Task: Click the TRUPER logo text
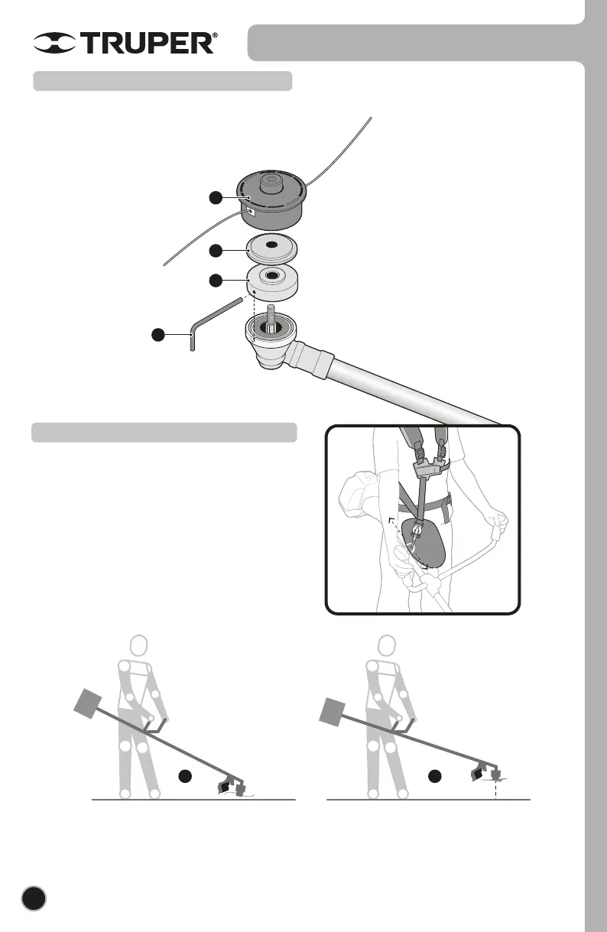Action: tap(149, 44)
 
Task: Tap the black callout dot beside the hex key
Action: tap(158, 334)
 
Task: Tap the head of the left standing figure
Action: tap(140, 647)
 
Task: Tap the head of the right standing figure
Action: tap(383, 647)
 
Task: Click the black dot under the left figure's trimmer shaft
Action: tap(184, 776)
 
